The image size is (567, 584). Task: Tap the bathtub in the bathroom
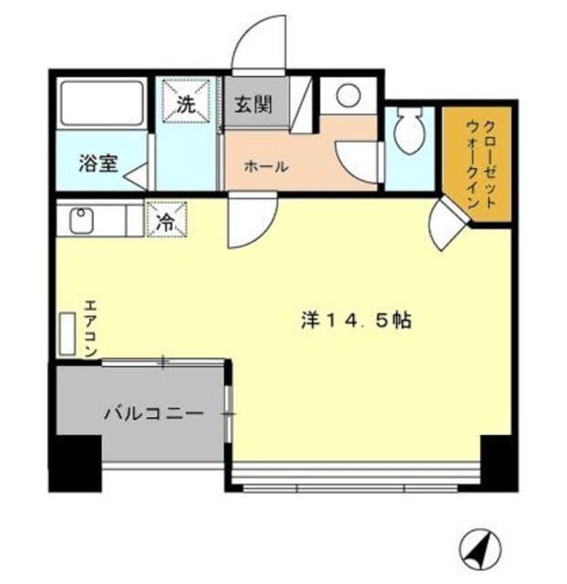pyautogui.click(x=101, y=105)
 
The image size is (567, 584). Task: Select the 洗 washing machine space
pyautogui.click(x=186, y=103)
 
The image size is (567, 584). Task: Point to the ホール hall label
pyautogui.click(x=266, y=167)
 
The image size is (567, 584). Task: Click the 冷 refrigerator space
pyautogui.click(x=166, y=220)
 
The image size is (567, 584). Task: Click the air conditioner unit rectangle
pyautogui.click(x=68, y=335)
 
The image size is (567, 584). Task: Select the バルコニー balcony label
pyautogui.click(x=152, y=413)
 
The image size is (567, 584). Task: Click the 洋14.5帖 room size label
pyautogui.click(x=357, y=320)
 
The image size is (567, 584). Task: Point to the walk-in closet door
pyautogui.click(x=446, y=222)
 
